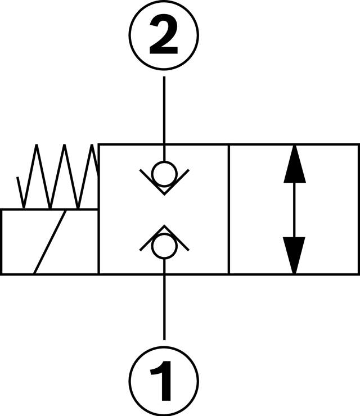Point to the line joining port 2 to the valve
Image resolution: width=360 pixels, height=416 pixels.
click(164, 112)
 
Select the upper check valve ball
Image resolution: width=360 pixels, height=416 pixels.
click(164, 174)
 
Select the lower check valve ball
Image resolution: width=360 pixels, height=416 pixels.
click(164, 247)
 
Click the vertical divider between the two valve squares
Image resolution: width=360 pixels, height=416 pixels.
click(228, 209)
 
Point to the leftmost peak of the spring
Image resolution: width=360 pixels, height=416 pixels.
click(37, 146)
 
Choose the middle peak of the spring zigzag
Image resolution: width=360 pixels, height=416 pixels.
click(65, 146)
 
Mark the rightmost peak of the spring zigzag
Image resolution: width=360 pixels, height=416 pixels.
click(92, 146)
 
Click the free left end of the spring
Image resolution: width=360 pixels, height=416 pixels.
click(18, 178)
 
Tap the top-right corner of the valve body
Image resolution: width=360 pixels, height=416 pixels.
click(358, 144)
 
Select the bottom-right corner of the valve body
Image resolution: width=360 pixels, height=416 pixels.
click(358, 274)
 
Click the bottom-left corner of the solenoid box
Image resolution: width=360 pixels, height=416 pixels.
click(1, 274)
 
